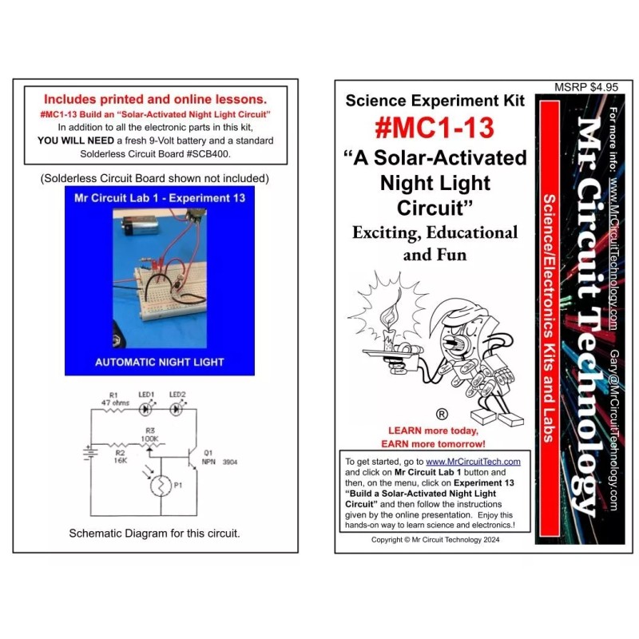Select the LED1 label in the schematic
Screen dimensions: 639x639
pos(145,395)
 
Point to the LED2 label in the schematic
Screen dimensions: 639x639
pos(177,395)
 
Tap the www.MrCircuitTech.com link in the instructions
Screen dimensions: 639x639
pos(473,462)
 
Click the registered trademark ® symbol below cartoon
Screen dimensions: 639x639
pos(441,415)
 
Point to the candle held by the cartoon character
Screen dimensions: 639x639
pos(391,319)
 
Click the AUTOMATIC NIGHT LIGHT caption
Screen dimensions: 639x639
pos(159,362)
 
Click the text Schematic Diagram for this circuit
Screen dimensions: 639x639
pos(155,533)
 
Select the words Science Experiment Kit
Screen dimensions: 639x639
pos(435,101)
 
